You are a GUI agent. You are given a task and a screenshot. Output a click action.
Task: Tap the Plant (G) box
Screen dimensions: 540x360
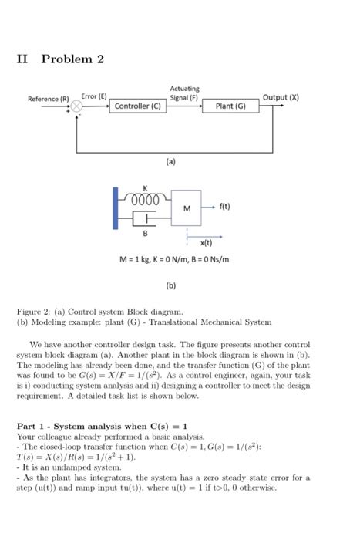[x=230, y=106]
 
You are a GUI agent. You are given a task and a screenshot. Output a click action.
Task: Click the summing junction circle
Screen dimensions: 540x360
[x=77, y=106]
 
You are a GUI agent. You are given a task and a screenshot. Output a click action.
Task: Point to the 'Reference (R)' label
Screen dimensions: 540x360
[x=48, y=98]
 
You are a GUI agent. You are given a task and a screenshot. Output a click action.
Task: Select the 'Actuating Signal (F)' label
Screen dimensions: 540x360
[x=183, y=93]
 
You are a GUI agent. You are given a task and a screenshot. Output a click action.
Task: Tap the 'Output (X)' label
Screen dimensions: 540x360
[x=281, y=97]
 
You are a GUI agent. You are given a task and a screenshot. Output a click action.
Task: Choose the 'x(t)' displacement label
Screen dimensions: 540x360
[x=206, y=243]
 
